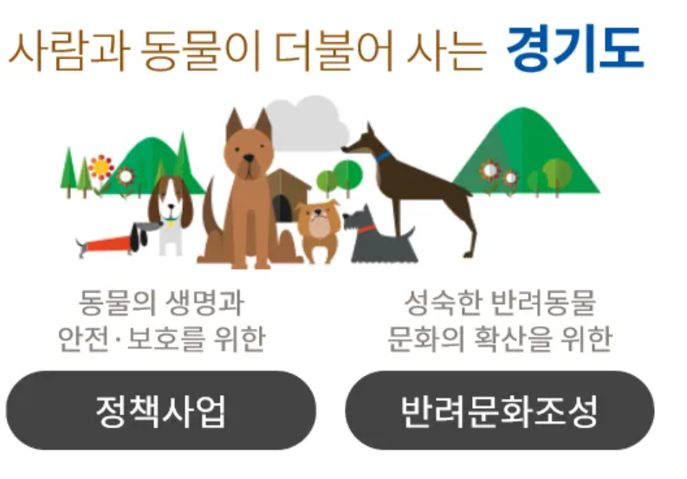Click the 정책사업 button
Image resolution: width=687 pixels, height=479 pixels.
161,411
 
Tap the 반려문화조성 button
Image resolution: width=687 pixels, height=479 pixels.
500,411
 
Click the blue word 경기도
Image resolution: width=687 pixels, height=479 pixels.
574,49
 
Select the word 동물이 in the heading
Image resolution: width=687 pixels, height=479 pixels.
201,49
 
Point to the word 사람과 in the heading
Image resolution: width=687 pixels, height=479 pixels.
68,49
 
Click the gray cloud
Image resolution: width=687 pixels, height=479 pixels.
307,123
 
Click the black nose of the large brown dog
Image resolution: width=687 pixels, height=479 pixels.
249,158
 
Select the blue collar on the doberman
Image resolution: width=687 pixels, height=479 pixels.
383,156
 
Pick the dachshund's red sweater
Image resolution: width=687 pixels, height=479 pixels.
108,243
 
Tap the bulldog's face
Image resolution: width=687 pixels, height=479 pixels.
319,220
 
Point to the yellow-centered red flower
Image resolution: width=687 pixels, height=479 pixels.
100,167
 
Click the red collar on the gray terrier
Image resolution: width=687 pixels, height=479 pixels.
366,230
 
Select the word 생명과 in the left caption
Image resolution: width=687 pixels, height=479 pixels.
204,303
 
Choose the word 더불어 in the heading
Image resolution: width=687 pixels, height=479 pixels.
334,49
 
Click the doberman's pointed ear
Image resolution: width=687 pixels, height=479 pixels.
370,130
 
